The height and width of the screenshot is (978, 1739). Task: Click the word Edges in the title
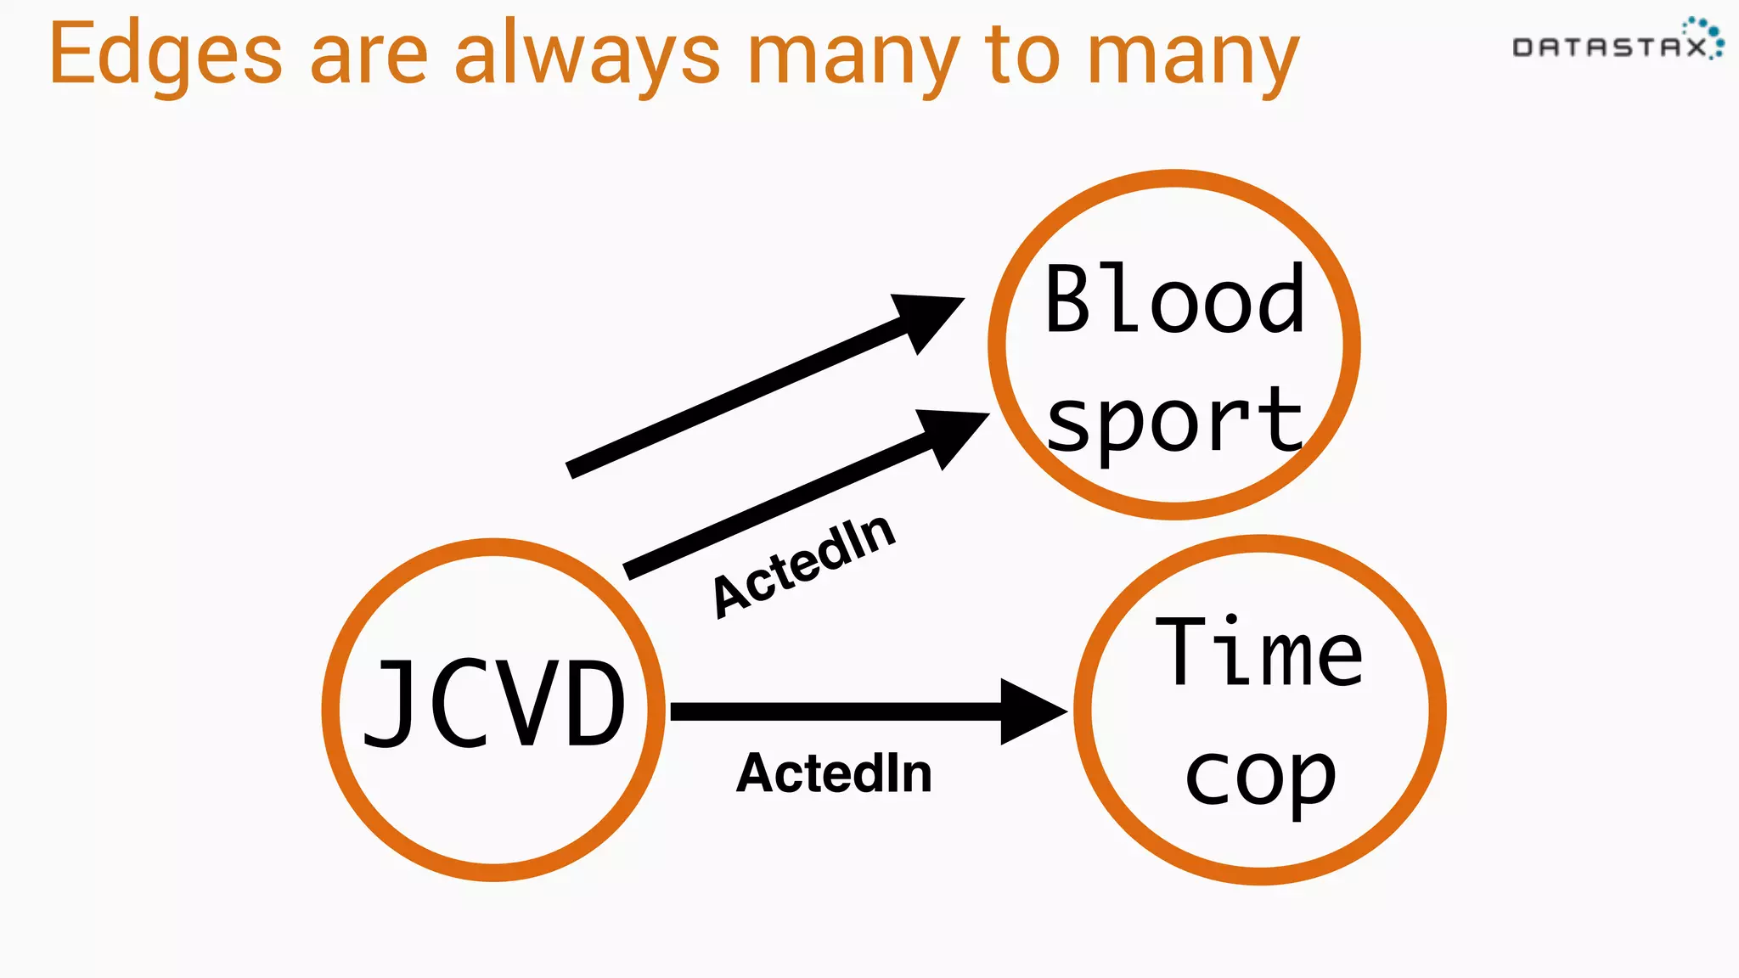(x=165, y=56)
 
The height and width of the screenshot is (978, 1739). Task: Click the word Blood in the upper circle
(x=1174, y=301)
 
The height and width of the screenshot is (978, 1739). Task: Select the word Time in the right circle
(x=1259, y=654)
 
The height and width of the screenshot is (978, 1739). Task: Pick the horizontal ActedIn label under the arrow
(x=834, y=773)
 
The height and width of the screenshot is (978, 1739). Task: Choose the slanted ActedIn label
(x=803, y=566)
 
